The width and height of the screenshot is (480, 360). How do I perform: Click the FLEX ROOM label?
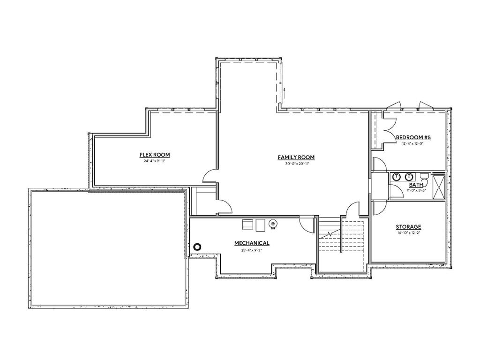pyautogui.click(x=154, y=155)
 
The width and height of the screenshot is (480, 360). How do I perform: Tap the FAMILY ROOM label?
pyautogui.click(x=296, y=157)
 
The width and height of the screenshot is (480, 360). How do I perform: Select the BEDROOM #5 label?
pyautogui.click(x=413, y=137)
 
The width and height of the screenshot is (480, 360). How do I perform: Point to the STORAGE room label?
pyautogui.click(x=408, y=227)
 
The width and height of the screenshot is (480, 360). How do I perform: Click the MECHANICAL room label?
pyautogui.click(x=252, y=243)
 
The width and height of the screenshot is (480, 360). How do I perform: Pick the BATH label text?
pyautogui.click(x=403, y=185)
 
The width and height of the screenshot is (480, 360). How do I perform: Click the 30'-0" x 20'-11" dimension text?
pyautogui.click(x=296, y=164)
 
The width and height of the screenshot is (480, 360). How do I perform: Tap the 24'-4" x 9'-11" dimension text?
pyautogui.click(x=154, y=161)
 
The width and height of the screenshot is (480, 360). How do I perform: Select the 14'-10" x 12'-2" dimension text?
pyautogui.click(x=408, y=233)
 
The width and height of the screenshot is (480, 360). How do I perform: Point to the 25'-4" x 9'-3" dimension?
pyautogui.click(x=252, y=250)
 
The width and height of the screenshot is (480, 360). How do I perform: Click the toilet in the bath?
pyautogui.click(x=424, y=177)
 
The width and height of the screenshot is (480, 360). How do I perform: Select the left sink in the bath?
pyautogui.click(x=397, y=177)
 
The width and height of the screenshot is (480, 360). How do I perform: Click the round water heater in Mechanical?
pyautogui.click(x=273, y=225)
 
